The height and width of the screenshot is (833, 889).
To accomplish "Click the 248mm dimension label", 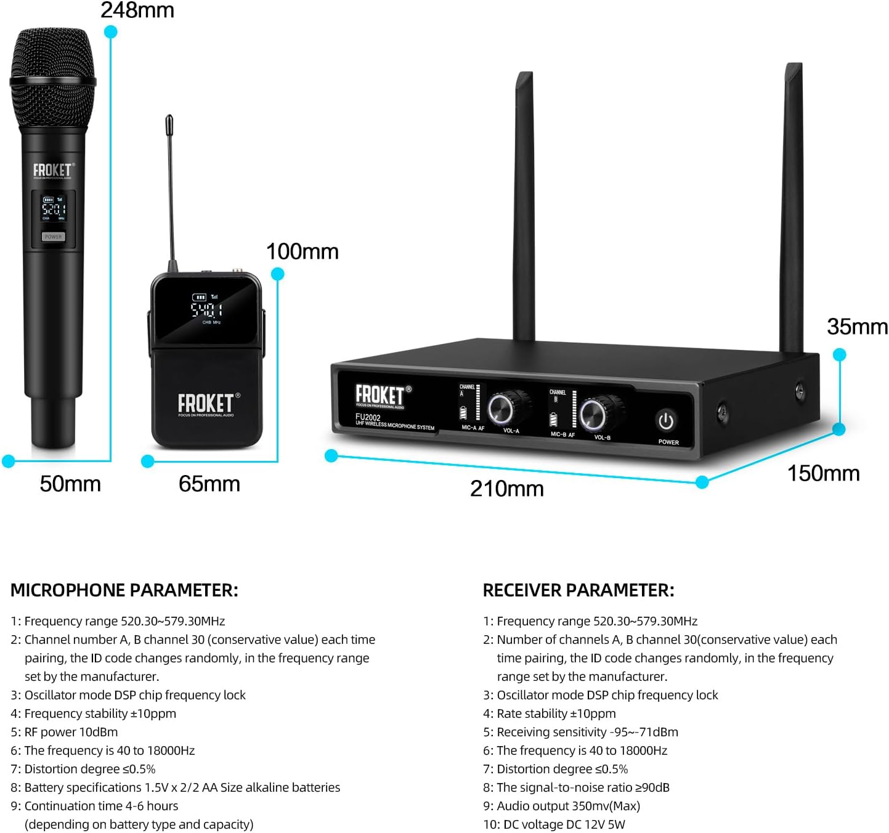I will click(137, 10).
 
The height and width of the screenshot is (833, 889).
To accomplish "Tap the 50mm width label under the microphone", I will click(70, 484).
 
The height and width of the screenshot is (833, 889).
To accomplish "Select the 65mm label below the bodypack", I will click(209, 484).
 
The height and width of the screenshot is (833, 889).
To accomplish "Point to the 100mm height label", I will click(302, 251).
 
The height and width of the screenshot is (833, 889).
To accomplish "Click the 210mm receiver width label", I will click(506, 489).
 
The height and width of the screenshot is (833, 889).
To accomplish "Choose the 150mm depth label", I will click(823, 473).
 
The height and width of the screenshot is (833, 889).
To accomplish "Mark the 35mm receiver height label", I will click(857, 327).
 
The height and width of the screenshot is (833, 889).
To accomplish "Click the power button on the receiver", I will click(666, 421).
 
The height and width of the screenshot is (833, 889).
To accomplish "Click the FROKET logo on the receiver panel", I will click(380, 395).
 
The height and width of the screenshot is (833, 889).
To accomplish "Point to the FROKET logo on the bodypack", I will click(206, 404).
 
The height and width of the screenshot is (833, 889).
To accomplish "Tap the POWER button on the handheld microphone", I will click(53, 237).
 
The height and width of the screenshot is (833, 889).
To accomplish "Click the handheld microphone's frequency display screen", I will click(53, 209).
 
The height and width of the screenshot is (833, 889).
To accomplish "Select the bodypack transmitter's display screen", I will click(206, 309).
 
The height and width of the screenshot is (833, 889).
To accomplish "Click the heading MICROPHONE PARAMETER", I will click(124, 590).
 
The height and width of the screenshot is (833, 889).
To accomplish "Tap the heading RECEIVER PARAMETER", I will click(578, 590).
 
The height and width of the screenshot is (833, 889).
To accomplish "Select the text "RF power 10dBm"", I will click(71, 732).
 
